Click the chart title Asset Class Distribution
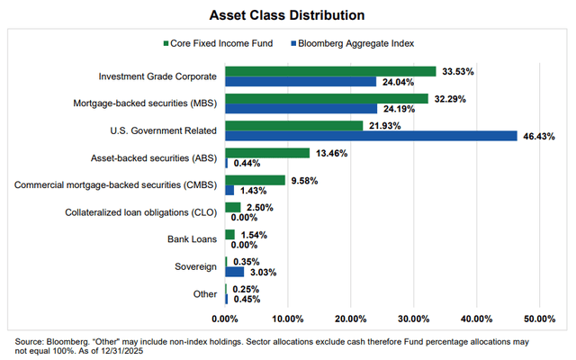pos(287,14)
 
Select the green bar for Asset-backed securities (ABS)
pos(267,153)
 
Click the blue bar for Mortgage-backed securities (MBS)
pos(301,108)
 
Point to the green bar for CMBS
pos(255,180)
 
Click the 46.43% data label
pos(538,136)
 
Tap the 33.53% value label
pos(457,71)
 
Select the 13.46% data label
pos(330,153)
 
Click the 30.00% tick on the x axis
pos(413,319)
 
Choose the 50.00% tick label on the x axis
pos(538,319)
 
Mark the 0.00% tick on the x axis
pos(225,319)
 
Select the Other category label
pos(205,294)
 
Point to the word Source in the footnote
pos(29,342)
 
